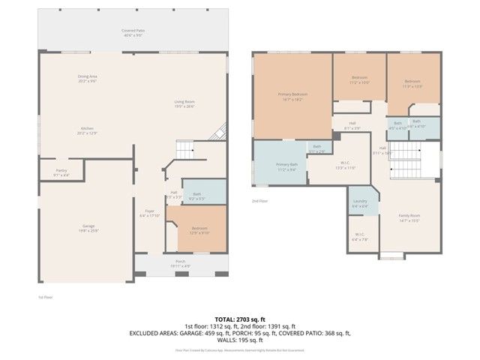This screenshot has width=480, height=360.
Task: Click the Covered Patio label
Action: coord(133,31)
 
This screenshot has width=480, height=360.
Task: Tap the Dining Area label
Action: coord(88,77)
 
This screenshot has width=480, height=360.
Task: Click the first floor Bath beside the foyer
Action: coord(197,196)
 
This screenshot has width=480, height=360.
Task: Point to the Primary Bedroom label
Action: coord(292,95)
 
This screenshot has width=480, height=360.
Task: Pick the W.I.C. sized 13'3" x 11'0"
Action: coord(346,166)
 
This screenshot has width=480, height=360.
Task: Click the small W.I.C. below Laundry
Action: coord(360,237)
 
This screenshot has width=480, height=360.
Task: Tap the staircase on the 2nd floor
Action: coord(408,159)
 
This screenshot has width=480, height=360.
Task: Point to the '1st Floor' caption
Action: coord(45,297)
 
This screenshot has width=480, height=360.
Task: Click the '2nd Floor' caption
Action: coord(259,201)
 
